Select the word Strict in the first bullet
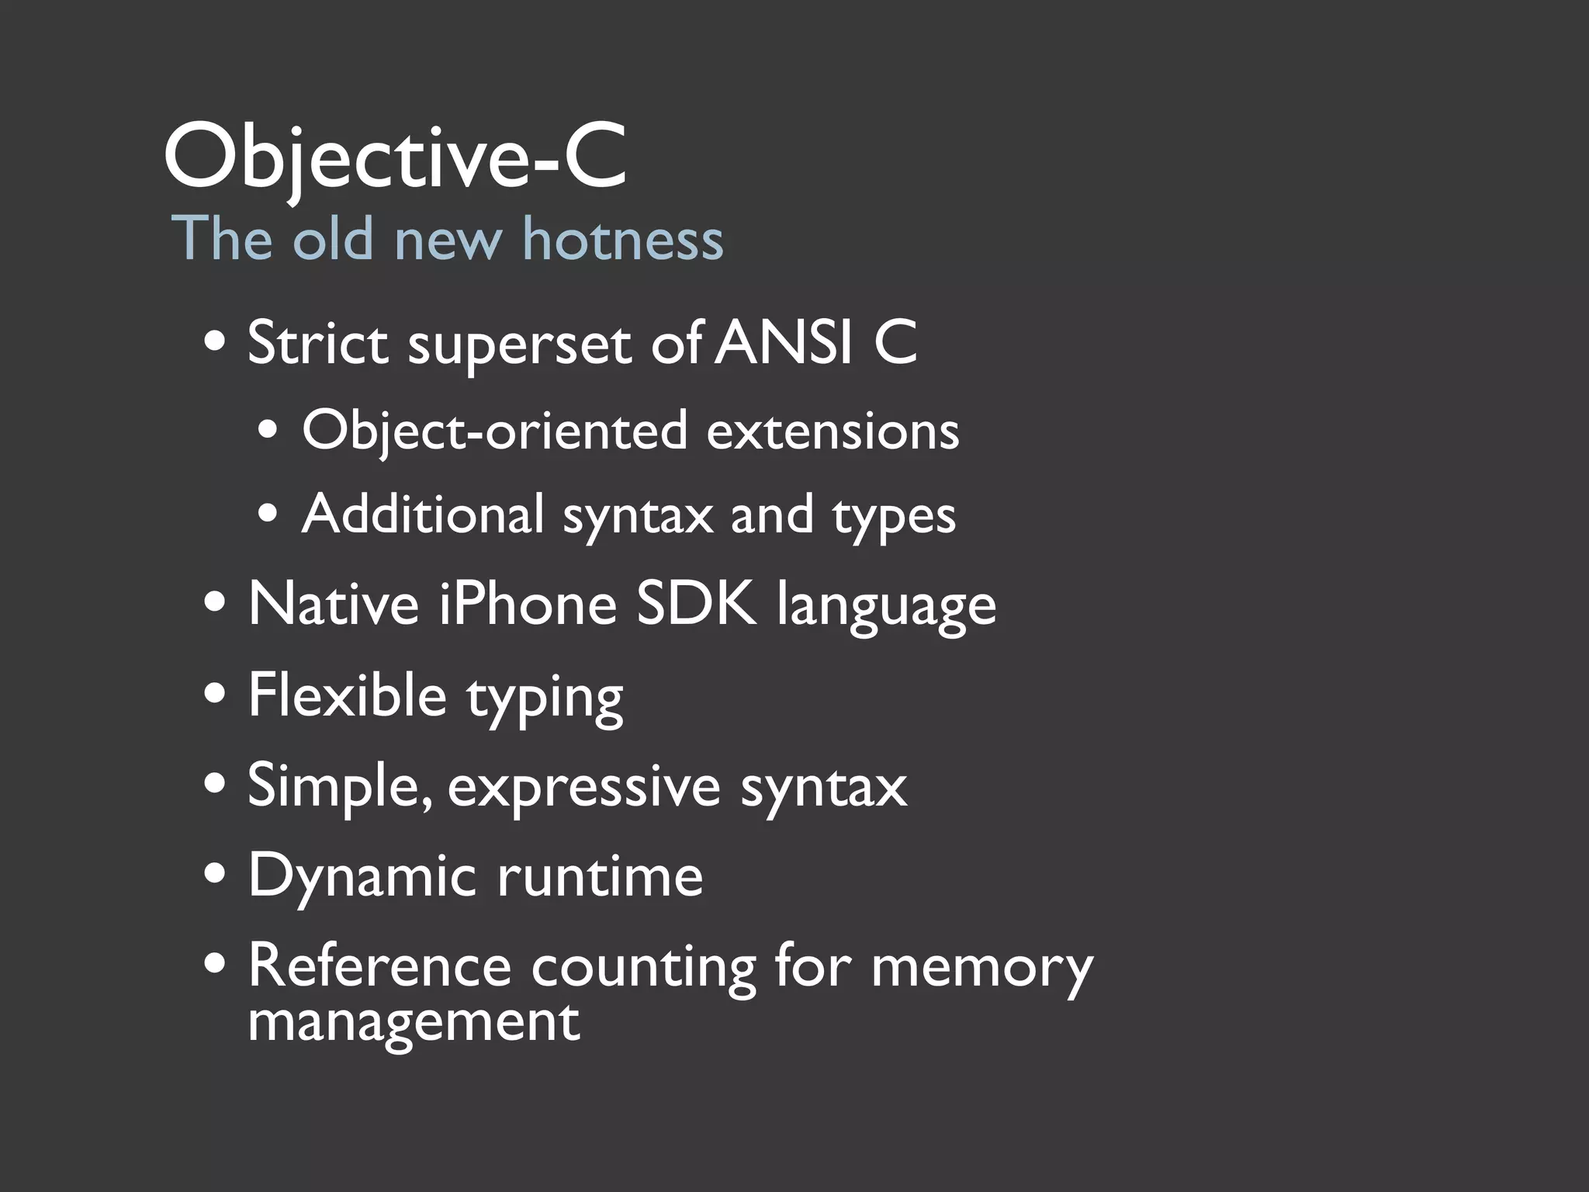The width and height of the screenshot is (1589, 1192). (x=317, y=342)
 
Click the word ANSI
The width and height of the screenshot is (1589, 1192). (x=784, y=342)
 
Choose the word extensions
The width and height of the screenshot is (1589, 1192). (x=833, y=431)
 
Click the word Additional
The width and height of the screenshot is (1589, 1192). (x=423, y=515)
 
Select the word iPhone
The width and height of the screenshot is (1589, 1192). (x=528, y=605)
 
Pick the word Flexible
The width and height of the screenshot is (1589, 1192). (x=347, y=695)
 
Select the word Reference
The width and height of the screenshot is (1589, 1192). (x=379, y=966)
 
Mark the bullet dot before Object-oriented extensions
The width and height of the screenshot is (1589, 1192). (x=268, y=431)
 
